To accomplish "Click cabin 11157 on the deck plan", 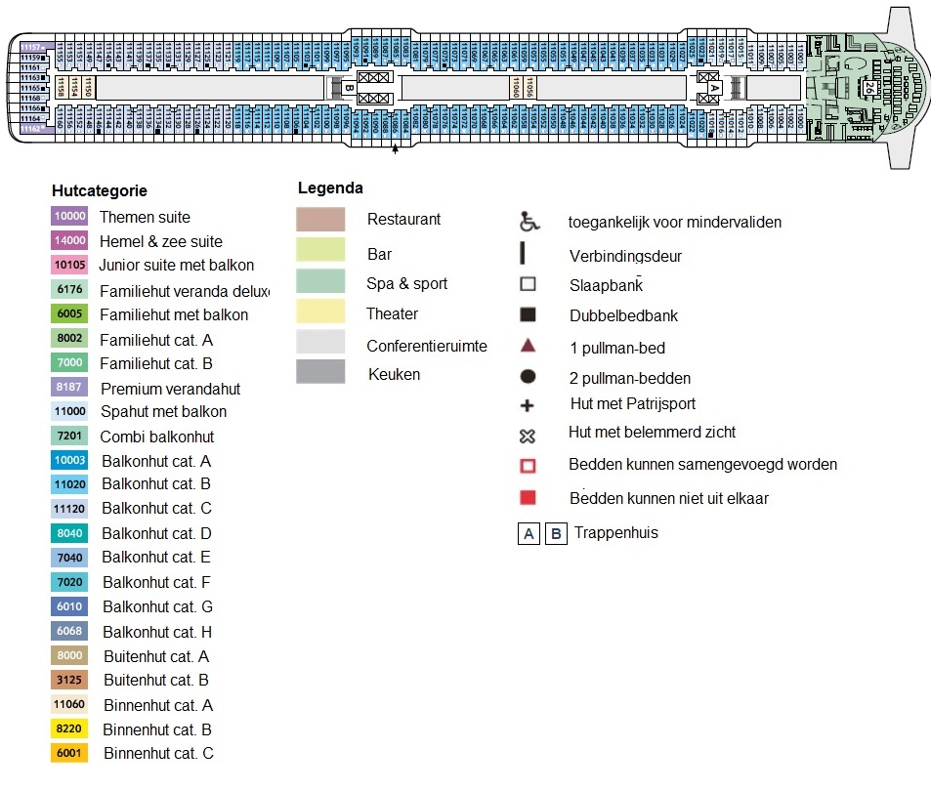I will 30,47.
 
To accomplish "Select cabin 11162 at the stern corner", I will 30,129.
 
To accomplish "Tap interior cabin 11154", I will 74,88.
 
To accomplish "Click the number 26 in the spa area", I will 868,87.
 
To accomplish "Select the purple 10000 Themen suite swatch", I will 69,218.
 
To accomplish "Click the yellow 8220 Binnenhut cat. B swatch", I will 69,729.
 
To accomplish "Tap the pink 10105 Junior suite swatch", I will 69,266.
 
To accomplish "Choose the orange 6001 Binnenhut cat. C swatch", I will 69,753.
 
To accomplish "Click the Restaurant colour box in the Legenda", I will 320,220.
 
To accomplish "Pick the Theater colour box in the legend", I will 320,312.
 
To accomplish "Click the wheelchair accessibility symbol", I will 529,223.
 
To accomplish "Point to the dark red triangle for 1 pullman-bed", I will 528,347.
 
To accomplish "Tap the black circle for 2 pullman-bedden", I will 528,377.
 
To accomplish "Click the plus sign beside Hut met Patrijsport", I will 528,405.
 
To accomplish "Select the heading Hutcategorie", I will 99,191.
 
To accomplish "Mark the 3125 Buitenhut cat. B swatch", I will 69,680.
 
